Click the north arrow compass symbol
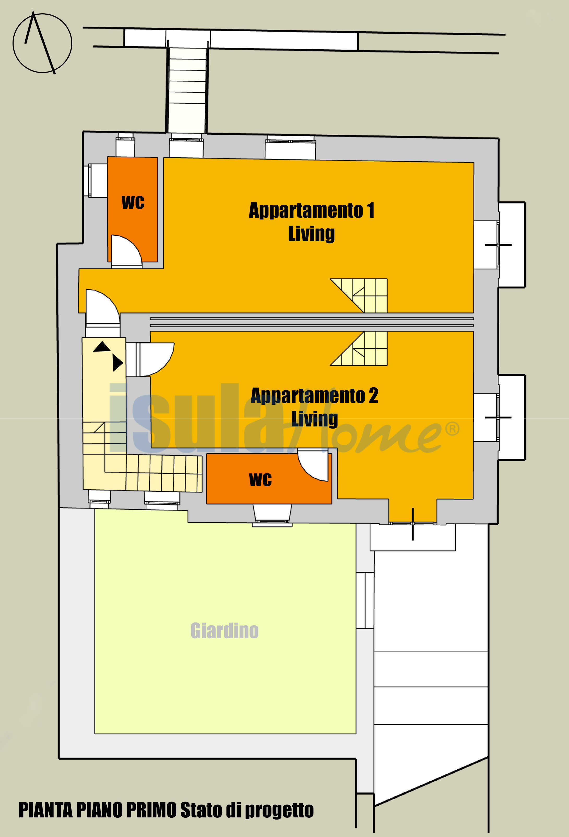43,43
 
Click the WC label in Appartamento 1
133,203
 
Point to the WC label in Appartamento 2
260,479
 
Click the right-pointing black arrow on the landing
117,363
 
